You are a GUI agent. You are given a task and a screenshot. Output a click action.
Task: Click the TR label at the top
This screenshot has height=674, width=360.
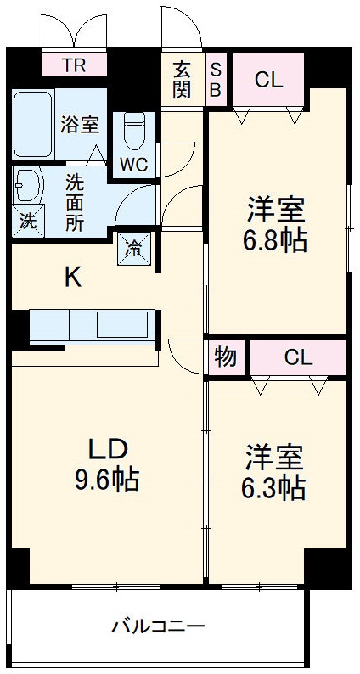point(73,64)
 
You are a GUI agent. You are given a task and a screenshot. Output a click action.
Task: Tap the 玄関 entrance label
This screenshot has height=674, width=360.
point(183,80)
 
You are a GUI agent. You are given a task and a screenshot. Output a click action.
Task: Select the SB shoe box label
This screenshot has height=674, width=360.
point(216,80)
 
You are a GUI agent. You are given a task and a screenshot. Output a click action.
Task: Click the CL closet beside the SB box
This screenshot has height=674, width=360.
point(268,81)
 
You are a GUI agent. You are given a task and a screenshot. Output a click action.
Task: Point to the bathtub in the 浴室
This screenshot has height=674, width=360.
point(31,126)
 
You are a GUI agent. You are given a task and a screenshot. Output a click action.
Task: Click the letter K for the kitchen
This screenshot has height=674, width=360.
point(74,278)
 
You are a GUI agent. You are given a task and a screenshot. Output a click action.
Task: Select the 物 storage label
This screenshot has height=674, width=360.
point(226,357)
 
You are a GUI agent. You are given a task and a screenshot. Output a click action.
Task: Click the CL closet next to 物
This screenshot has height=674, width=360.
point(298,357)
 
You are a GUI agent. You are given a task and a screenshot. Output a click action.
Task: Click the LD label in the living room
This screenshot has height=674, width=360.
point(108,448)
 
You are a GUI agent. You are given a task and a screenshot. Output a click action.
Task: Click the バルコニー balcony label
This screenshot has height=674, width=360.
point(159,627)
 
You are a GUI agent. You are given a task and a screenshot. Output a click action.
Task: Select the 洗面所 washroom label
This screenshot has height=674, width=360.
point(75,204)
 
